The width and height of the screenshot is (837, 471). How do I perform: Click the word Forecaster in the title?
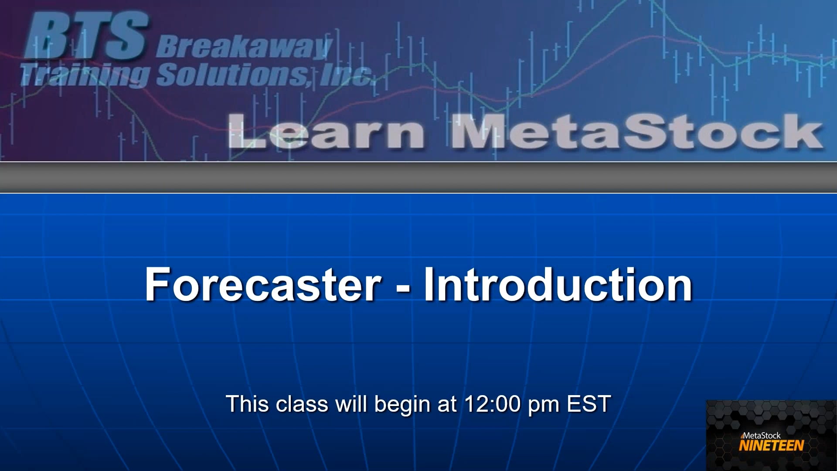click(x=263, y=284)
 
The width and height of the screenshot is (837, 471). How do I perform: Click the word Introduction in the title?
click(x=558, y=284)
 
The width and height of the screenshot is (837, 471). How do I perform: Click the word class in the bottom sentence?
click(x=302, y=404)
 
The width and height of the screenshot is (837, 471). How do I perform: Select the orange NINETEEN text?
click(x=771, y=445)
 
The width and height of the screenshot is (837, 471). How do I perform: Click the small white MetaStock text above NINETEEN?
click(x=761, y=435)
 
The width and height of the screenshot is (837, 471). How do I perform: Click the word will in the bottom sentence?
click(x=351, y=404)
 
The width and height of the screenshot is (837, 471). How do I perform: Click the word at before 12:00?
click(x=446, y=404)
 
